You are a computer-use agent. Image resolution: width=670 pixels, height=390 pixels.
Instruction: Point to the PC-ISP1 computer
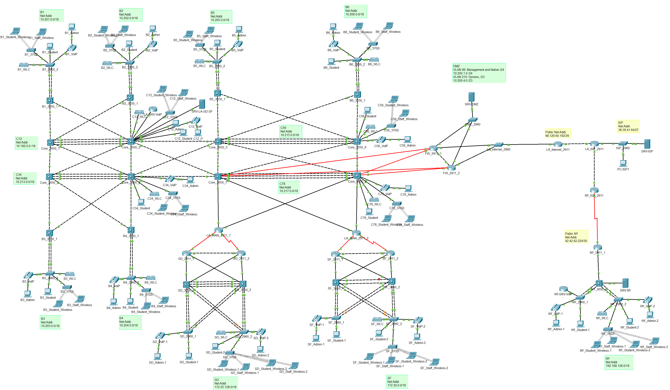point(623,163)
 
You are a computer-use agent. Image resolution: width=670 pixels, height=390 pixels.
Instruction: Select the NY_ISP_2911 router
point(594,190)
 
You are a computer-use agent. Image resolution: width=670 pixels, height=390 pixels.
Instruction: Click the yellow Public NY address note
point(576,237)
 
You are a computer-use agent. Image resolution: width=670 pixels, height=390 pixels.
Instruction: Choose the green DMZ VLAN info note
point(479,73)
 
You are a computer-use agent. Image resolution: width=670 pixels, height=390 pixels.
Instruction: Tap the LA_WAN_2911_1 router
point(219,230)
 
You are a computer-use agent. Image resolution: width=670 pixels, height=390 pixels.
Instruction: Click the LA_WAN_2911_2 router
point(356,233)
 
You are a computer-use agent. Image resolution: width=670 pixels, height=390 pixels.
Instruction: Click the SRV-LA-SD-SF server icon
point(202,104)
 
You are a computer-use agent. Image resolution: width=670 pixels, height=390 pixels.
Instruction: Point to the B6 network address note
point(356,11)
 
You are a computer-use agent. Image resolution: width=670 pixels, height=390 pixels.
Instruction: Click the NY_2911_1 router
point(597,247)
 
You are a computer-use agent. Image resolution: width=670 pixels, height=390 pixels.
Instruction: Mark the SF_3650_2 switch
point(392,281)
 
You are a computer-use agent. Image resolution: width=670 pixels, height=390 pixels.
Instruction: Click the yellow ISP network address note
point(628,126)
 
